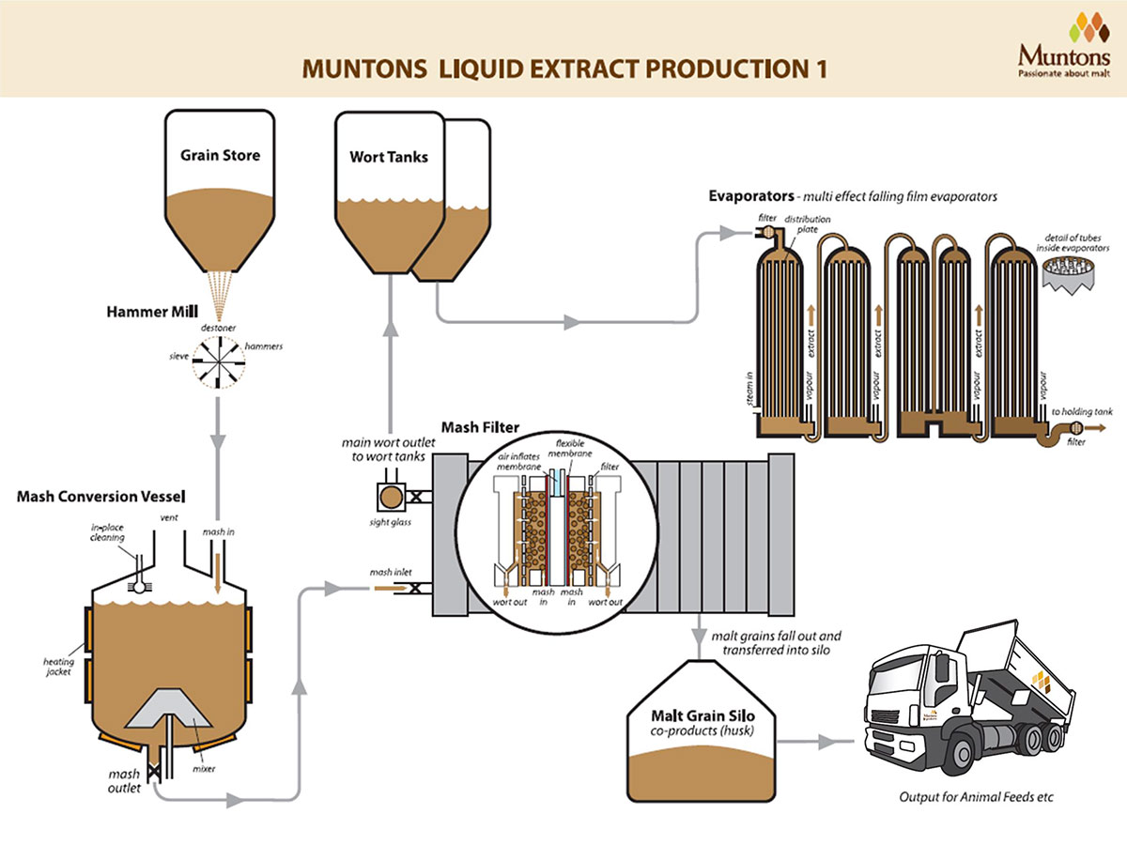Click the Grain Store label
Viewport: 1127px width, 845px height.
pos(221,155)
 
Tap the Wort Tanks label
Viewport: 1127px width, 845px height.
pos(389,157)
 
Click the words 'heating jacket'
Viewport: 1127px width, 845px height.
pos(58,667)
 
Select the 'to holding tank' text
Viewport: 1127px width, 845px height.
pos(1082,411)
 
